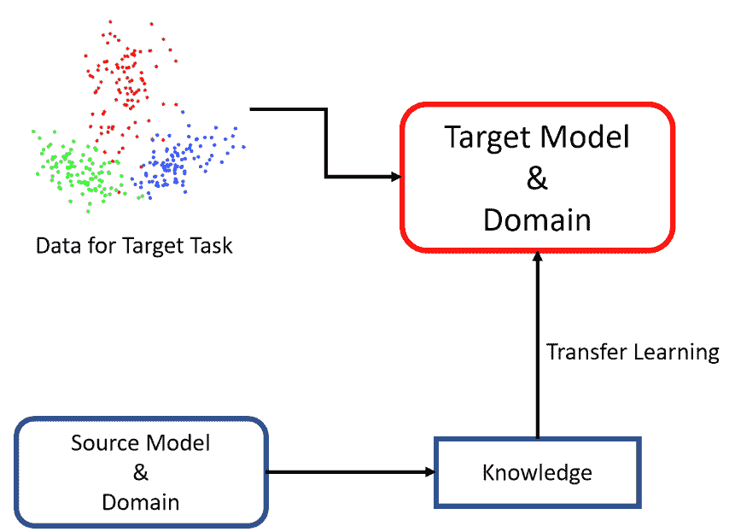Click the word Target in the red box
[488, 137]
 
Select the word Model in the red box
[585, 137]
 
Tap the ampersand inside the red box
[537, 178]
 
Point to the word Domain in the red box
[537, 219]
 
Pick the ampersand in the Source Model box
[141, 472]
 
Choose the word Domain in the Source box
[141, 502]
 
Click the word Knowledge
[537, 473]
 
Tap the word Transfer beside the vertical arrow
[586, 352]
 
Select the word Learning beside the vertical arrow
[677, 353]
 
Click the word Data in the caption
[58, 246]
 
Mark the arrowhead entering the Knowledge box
[430, 472]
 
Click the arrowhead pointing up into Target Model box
[538, 257]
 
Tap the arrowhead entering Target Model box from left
[396, 177]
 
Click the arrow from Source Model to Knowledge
[351, 472]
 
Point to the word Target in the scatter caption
[153, 247]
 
